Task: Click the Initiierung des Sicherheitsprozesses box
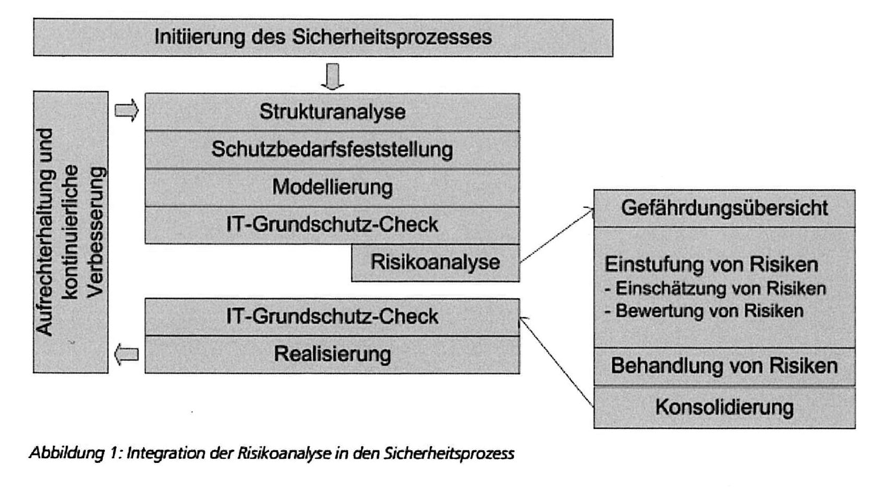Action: [x=323, y=37]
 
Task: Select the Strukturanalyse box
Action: [x=333, y=112]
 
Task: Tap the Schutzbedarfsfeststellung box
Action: [x=333, y=150]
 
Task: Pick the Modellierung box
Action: [x=333, y=187]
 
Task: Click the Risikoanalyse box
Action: [x=436, y=263]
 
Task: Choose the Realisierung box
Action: [x=333, y=355]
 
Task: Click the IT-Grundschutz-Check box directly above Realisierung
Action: [x=333, y=317]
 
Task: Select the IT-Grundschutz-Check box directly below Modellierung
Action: [x=333, y=225]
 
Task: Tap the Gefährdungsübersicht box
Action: [x=724, y=208]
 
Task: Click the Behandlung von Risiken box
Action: [x=724, y=367]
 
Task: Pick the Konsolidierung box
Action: [x=724, y=407]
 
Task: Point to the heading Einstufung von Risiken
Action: [x=711, y=265]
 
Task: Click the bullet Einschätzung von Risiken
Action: [x=715, y=288]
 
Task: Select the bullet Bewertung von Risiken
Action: [x=704, y=311]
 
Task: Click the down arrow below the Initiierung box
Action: [x=333, y=77]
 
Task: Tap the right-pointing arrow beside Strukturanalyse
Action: [x=127, y=110]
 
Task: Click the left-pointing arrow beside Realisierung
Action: [x=127, y=355]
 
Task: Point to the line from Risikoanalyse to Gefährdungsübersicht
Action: [x=557, y=235]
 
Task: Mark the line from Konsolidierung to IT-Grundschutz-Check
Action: [x=557, y=361]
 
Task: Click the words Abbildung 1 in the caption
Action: [x=71, y=453]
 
